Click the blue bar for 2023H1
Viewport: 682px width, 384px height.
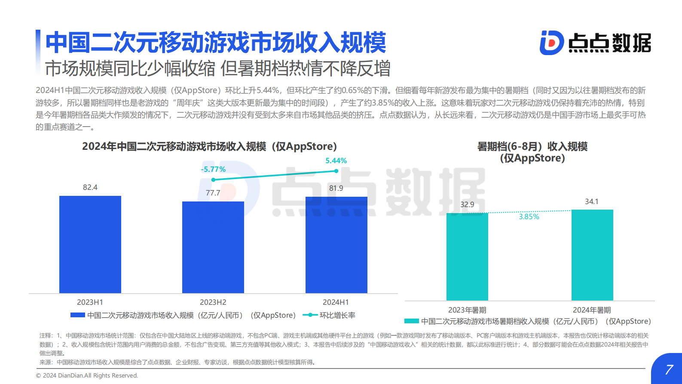coord(90,245)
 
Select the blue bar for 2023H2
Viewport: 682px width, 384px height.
coord(213,247)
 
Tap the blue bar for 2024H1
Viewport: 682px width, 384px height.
coord(336,245)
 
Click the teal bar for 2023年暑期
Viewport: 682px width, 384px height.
coord(467,257)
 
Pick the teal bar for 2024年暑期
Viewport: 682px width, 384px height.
coord(592,255)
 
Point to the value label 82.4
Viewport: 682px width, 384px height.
coord(90,187)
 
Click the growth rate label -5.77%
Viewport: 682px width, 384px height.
coord(213,169)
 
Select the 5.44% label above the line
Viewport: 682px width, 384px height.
coord(336,161)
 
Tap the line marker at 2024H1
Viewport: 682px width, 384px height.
coord(336,171)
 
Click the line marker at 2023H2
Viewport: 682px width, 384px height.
coord(214,180)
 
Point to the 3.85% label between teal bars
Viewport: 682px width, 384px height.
coord(529,217)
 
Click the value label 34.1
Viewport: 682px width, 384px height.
coord(592,201)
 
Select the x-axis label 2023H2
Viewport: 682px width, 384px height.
coord(213,302)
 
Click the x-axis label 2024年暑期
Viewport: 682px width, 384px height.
coord(592,310)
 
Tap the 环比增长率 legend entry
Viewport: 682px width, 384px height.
coord(337,315)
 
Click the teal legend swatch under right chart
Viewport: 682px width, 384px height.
coord(412,321)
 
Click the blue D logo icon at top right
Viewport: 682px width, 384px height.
coord(551,43)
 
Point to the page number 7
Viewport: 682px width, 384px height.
coord(669,369)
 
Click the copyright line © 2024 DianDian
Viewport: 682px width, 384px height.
coord(87,375)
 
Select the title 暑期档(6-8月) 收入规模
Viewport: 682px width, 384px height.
coord(532,146)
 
